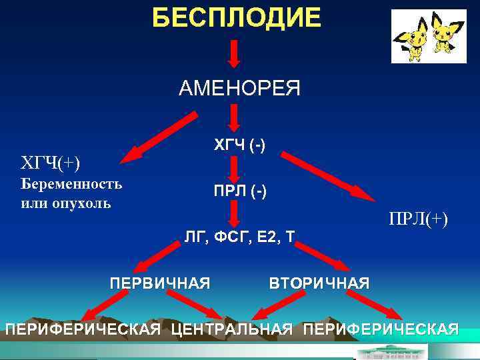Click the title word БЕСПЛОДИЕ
[x=236, y=17]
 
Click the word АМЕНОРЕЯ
[x=239, y=87]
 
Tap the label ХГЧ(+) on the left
[x=50, y=162]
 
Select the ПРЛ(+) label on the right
[x=419, y=219]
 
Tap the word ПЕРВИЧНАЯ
[x=160, y=283]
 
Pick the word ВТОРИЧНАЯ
[x=319, y=283]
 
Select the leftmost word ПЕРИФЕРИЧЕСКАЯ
[x=83, y=329]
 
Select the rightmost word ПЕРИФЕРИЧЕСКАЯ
[x=381, y=329]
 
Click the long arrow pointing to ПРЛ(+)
[x=327, y=175]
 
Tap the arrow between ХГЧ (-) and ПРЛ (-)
[x=234, y=167]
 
